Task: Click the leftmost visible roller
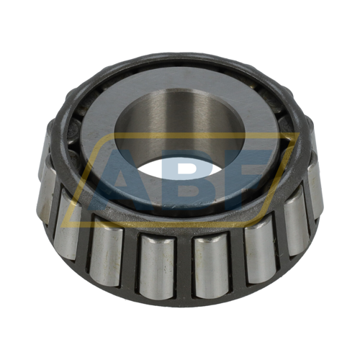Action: (x=47, y=198)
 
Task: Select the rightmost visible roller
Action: (x=314, y=189)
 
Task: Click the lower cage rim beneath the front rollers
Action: (x=180, y=297)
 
